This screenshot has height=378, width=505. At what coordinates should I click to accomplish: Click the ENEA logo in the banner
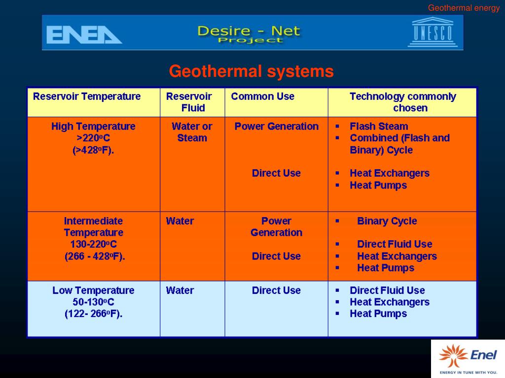(x=84, y=34)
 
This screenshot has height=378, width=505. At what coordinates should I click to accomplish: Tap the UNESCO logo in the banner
(x=433, y=32)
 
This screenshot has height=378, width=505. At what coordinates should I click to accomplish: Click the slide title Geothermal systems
(x=252, y=72)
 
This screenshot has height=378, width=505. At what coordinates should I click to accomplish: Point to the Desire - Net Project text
(x=249, y=34)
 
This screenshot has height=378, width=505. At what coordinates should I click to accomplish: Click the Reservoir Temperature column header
(x=87, y=96)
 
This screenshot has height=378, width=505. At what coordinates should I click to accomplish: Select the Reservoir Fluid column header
(x=192, y=102)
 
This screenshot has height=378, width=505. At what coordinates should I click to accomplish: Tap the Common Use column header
(x=262, y=96)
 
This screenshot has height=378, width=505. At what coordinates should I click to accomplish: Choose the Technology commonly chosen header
(x=403, y=102)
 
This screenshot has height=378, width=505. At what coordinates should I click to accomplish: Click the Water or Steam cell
(x=192, y=132)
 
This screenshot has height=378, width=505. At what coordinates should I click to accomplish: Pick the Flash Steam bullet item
(x=379, y=126)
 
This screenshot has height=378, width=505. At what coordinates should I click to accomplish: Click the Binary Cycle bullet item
(x=387, y=221)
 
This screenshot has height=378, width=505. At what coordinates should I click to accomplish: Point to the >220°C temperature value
(x=93, y=138)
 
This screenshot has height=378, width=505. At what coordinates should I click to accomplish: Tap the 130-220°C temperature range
(x=93, y=245)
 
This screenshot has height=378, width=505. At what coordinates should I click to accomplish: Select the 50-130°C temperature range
(x=93, y=302)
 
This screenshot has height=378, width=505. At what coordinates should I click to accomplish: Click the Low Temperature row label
(x=93, y=290)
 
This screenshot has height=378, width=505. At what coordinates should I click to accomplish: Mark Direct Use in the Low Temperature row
(x=276, y=290)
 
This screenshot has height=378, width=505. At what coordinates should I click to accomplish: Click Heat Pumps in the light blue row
(x=378, y=314)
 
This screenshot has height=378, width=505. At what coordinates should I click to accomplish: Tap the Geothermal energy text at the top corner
(x=464, y=8)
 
